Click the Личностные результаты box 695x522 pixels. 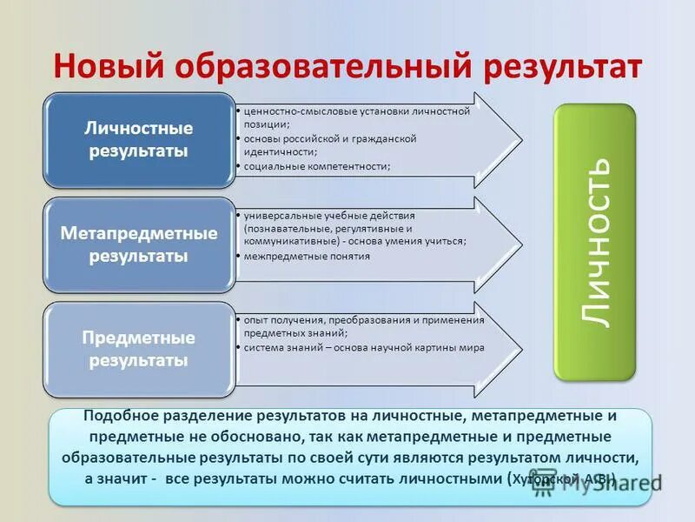pos(139,139)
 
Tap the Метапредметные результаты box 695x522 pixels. pos(139,245)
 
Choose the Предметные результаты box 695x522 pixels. pos(139,348)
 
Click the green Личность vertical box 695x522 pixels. pos(595,241)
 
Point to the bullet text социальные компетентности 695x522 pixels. pos(316,165)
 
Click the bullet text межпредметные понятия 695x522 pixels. pos(307,257)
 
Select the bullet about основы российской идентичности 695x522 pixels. pos(330,144)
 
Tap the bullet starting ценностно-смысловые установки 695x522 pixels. pos(356,117)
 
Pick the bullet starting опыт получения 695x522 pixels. pos(363,325)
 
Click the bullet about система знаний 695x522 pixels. pos(363,347)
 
